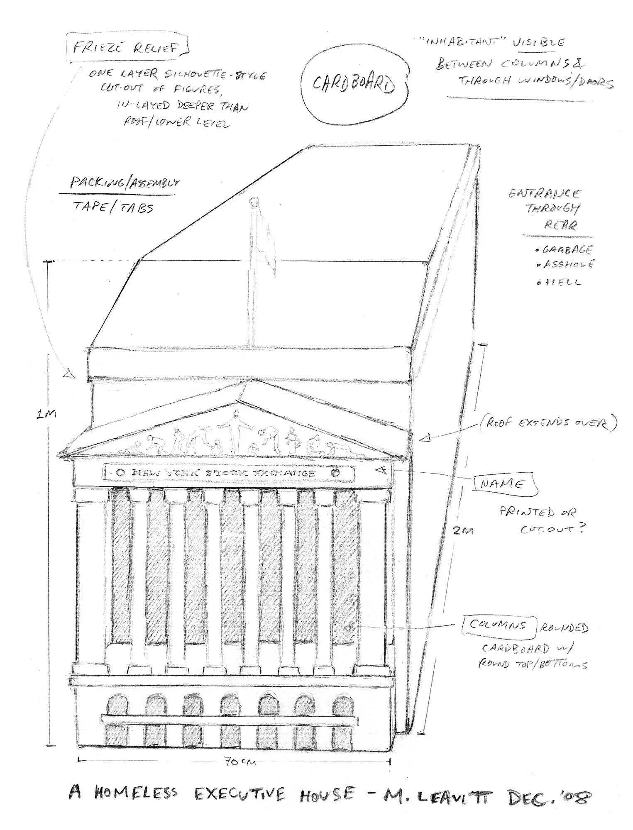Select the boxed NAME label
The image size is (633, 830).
coord(502,484)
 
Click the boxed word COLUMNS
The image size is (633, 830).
coord(498,625)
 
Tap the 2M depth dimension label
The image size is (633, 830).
coord(463,530)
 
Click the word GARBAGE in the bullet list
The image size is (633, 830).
coord(568,250)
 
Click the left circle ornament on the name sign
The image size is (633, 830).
coord(120,472)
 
